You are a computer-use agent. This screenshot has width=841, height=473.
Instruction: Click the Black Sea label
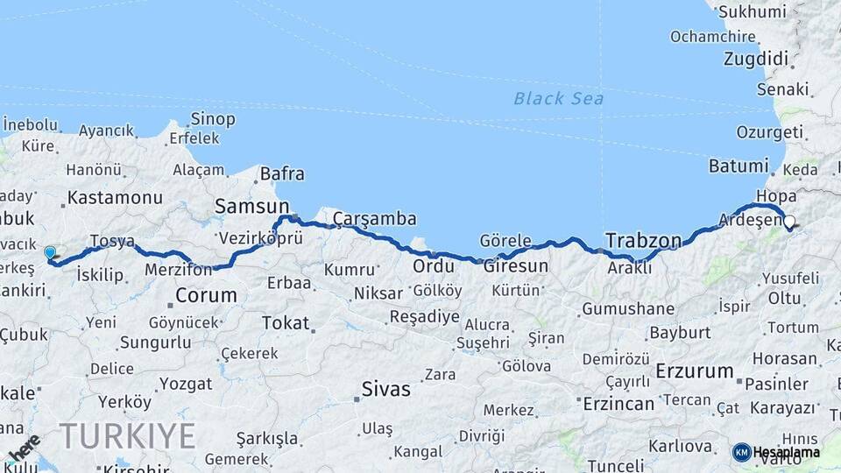pyautogui.click(x=558, y=98)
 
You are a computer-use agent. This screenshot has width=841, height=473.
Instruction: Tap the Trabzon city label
pyautogui.click(x=643, y=240)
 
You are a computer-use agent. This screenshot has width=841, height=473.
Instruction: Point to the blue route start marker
pyautogui.click(x=50, y=252)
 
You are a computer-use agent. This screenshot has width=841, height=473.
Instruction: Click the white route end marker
pyautogui.click(x=789, y=222)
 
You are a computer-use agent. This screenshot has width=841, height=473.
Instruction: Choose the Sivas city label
pyautogui.click(x=385, y=389)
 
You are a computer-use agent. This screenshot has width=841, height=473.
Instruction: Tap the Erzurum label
pyautogui.click(x=694, y=371)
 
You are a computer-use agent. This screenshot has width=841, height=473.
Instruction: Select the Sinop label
pyautogui.click(x=212, y=118)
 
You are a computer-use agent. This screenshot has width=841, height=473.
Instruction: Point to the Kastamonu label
pyautogui.click(x=115, y=197)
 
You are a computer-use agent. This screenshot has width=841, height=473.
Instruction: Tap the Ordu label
pyautogui.click(x=433, y=265)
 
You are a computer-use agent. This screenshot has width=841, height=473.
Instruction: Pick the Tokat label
pyautogui.click(x=286, y=323)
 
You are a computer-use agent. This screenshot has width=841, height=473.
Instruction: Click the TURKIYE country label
pyautogui.click(x=127, y=435)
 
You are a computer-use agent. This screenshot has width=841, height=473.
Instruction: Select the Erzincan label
pyautogui.click(x=618, y=404)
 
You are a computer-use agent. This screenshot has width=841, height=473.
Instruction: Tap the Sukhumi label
pyautogui.click(x=751, y=12)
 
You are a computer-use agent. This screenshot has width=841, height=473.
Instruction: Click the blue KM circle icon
pyautogui.click(x=741, y=452)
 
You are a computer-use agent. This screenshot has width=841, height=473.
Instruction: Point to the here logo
pyautogui.click(x=24, y=448)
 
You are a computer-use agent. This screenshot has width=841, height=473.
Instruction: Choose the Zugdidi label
pyautogui.click(x=756, y=59)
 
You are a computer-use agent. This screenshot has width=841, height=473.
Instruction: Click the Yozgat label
pyautogui.click(x=186, y=384)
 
